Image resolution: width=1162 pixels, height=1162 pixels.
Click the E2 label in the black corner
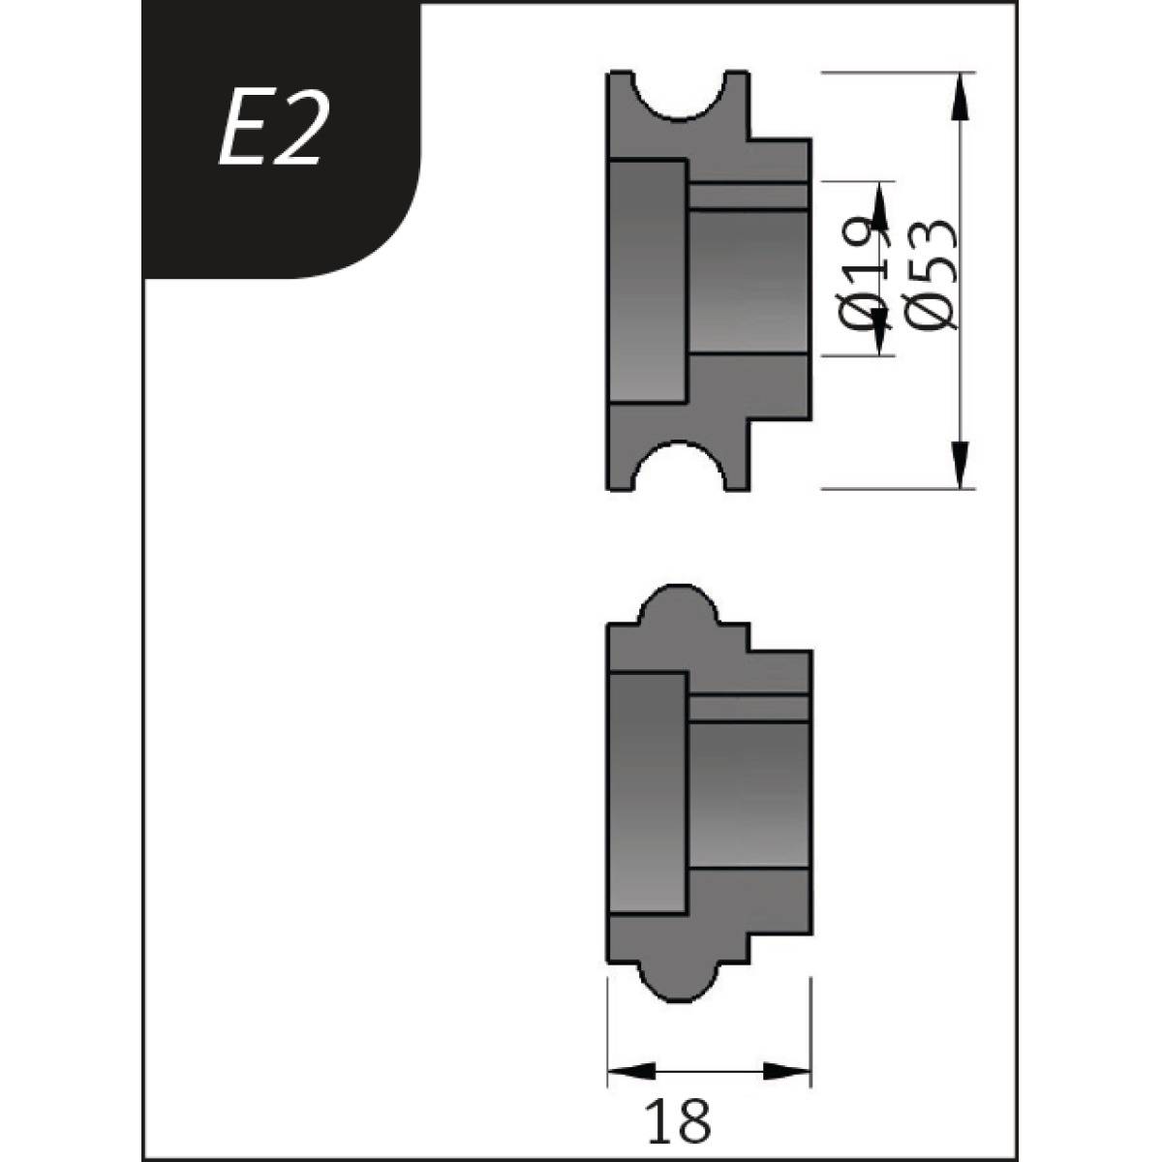270,133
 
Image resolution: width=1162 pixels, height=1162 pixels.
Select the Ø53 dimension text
930,276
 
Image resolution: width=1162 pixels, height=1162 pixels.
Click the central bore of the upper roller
748,281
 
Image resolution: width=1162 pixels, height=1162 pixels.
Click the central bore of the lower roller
748,794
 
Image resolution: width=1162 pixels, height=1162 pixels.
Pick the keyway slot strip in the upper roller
748,196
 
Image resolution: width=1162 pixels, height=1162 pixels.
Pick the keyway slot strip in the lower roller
748,709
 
